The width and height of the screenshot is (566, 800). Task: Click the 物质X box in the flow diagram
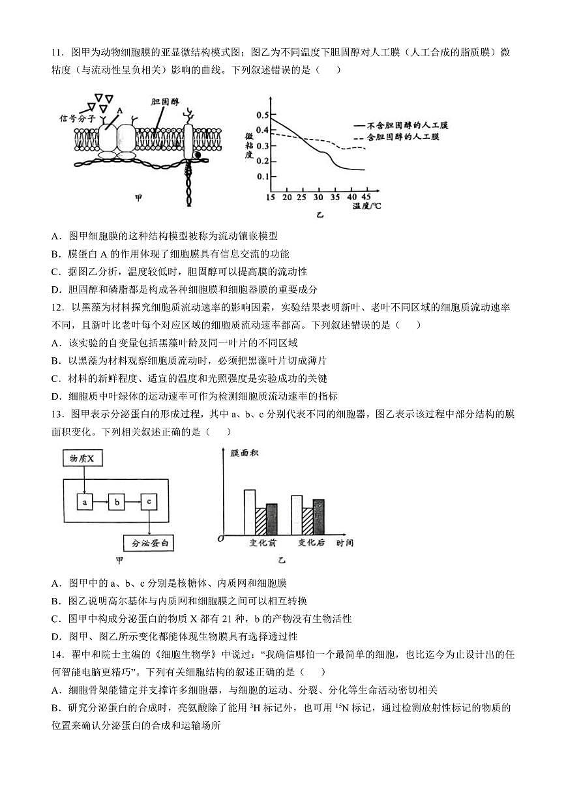[83, 459]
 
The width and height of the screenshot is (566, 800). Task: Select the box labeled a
[85, 502]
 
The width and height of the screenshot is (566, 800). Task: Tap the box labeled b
[117, 502]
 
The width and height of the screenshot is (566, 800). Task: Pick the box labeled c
[149, 502]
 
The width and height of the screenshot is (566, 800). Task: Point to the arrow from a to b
[101, 502]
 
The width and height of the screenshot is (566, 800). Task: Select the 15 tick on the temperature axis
[271, 197]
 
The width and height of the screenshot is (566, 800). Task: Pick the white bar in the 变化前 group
[250, 512]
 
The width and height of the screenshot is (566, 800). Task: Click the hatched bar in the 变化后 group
[308, 521]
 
